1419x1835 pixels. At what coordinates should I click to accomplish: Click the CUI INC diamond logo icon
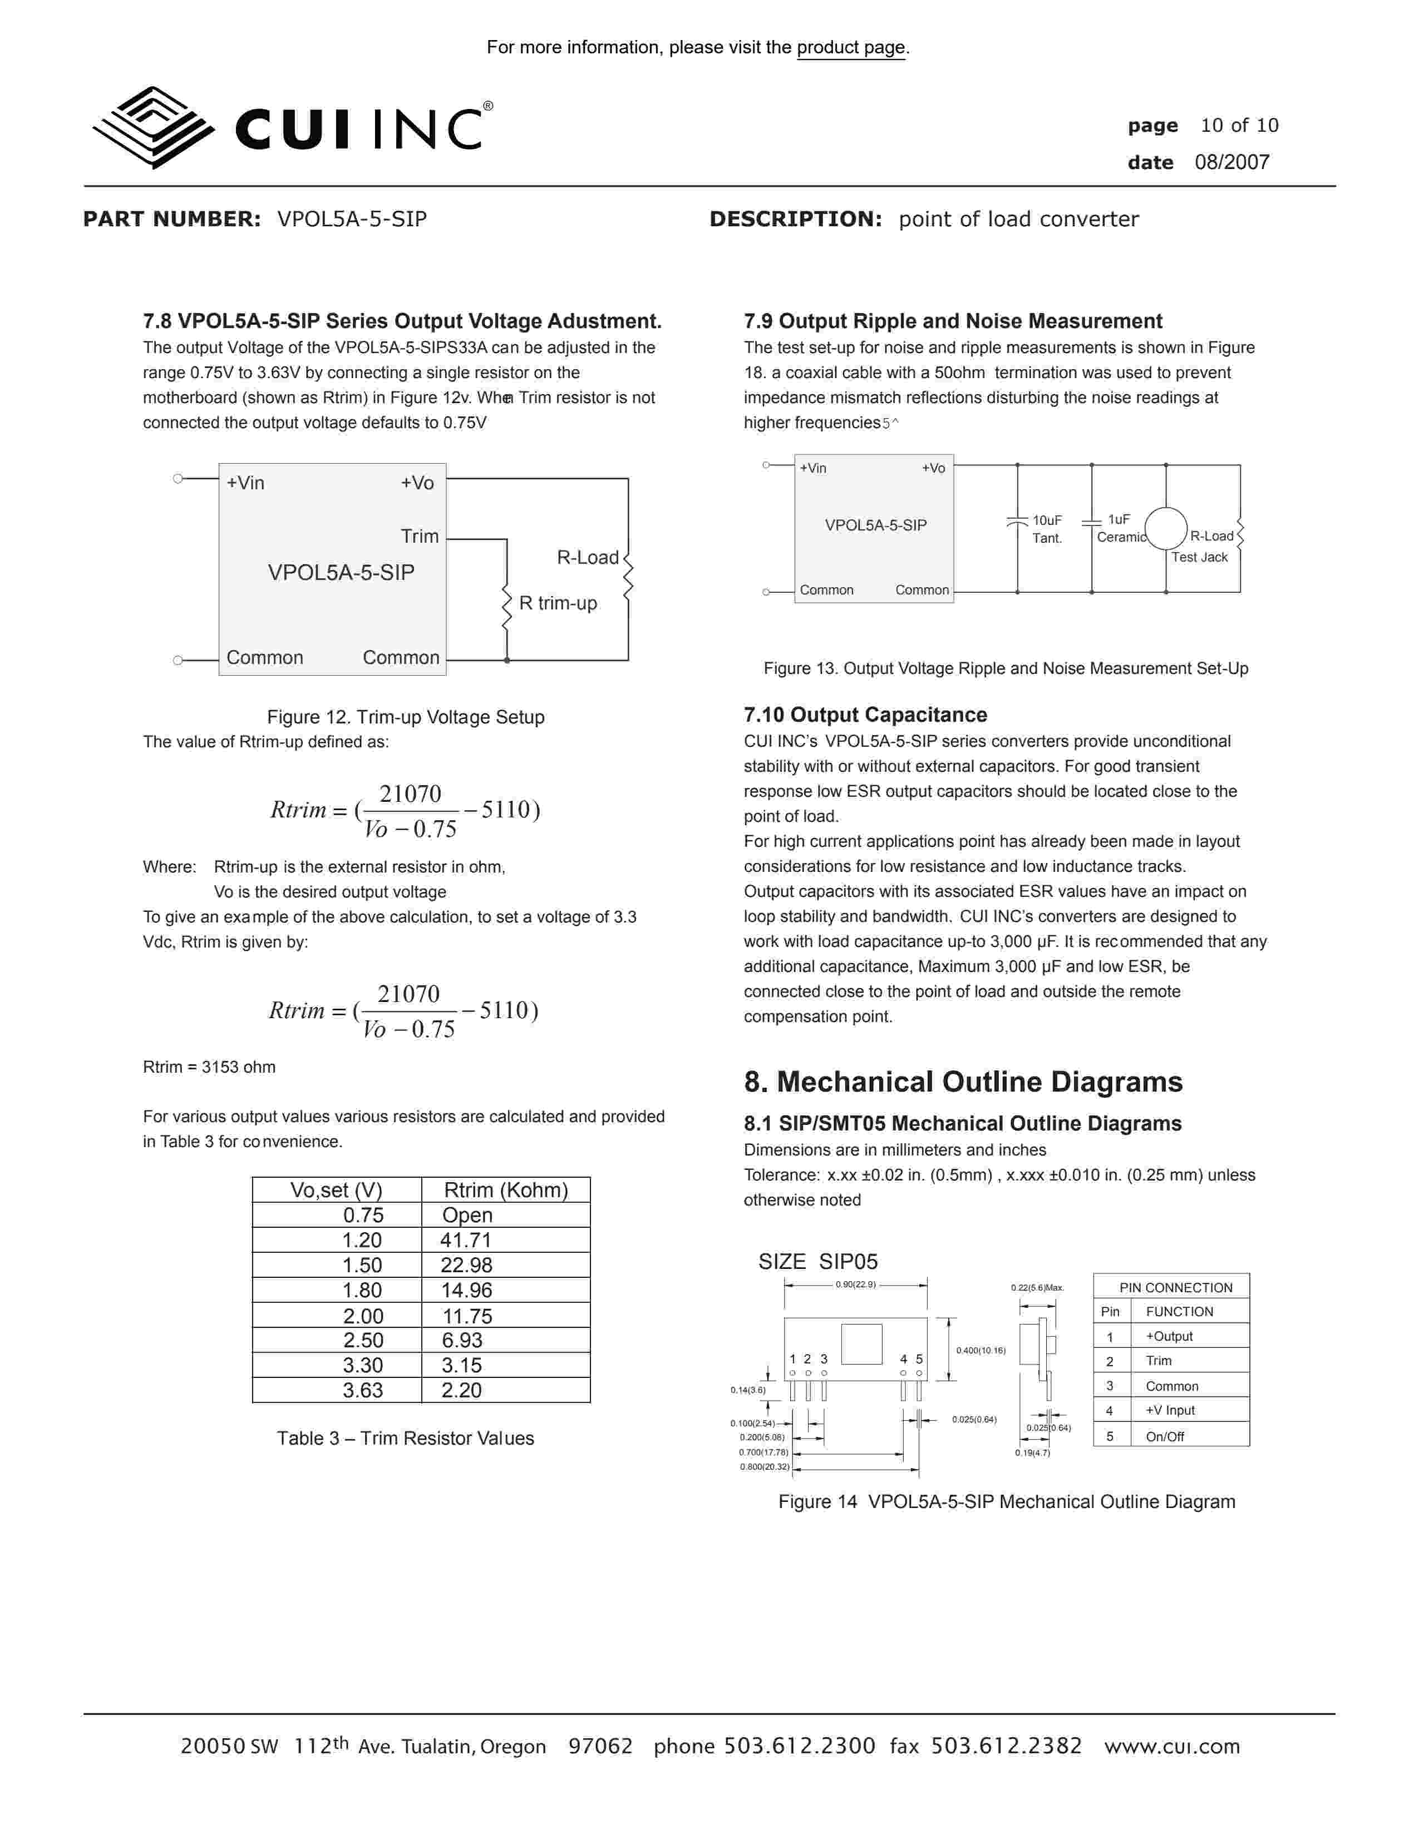pos(152,128)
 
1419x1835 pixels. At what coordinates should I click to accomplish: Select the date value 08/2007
pos(1231,162)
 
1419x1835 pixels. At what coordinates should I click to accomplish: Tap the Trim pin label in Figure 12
pos(420,536)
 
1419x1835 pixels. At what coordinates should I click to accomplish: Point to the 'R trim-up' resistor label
pos(558,603)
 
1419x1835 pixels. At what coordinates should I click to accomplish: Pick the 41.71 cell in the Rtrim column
pos(466,1240)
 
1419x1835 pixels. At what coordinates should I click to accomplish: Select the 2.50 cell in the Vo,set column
pos(362,1340)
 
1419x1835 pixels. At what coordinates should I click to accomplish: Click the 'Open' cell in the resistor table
pos(467,1215)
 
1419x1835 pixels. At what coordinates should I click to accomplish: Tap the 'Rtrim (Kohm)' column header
pos(505,1190)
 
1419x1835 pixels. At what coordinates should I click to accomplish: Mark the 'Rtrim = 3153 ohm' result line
pos(209,1067)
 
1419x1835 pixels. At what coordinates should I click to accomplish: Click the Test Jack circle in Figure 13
pos(1165,528)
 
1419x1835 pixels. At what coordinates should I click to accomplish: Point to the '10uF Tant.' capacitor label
pos(1047,529)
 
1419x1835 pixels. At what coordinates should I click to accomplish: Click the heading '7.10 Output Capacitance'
pos(865,715)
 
